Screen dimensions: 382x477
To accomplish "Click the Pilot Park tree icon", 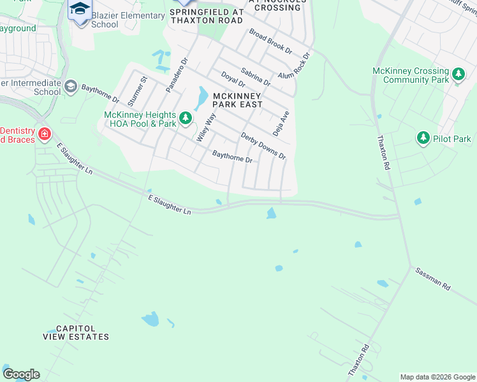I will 423,138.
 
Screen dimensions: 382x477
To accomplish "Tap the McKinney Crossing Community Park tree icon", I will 458,75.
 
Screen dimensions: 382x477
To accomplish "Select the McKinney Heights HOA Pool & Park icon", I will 186,118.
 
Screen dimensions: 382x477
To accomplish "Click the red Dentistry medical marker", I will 44,134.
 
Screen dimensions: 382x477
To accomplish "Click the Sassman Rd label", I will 432,279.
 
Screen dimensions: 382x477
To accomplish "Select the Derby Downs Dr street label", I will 263,146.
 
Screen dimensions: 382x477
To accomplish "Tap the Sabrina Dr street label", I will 256,77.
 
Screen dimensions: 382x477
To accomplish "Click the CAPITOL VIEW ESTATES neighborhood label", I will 82,332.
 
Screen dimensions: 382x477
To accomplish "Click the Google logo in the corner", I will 21,374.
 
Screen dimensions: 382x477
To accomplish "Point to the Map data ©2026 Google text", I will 437,377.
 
